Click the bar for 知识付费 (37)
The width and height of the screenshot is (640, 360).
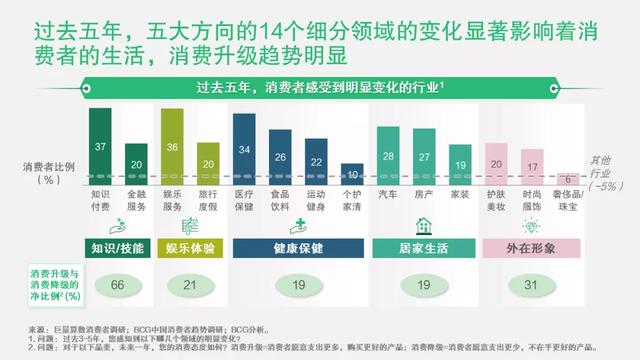coord(100,146)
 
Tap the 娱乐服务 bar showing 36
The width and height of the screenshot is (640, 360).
coord(172,147)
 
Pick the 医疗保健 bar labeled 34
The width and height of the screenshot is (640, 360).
coord(244,149)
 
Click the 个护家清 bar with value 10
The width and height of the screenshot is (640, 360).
coord(351,173)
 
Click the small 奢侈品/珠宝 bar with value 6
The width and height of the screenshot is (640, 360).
coord(566,178)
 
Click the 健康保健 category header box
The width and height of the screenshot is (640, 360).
coord(298,247)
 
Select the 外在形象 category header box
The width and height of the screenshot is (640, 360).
coord(531,247)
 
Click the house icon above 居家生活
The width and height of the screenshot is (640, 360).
coord(423,225)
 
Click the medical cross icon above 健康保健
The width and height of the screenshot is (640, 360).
coord(298,225)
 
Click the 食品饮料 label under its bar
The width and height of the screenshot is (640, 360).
coord(279,201)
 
